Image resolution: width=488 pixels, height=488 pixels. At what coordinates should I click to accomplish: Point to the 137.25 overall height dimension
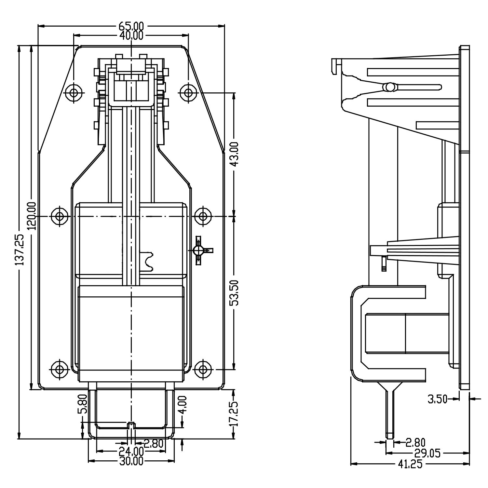(x=20, y=249)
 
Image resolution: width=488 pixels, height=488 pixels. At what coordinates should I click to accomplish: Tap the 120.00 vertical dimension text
(x=32, y=216)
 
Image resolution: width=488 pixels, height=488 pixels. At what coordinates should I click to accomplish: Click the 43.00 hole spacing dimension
(x=235, y=153)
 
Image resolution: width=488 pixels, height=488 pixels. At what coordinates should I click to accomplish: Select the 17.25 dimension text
(x=235, y=413)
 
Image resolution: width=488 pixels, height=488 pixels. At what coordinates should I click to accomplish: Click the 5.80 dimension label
(x=84, y=404)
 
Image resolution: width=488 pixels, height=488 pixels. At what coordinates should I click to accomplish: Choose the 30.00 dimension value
(x=131, y=461)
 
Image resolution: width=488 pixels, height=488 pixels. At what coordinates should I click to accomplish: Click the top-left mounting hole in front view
(x=74, y=93)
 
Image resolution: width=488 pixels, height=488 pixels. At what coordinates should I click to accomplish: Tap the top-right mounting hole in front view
(x=188, y=93)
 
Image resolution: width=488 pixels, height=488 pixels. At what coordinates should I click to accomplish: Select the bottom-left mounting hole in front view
(x=60, y=369)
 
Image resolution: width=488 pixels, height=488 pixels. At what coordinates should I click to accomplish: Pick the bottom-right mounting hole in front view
(x=203, y=369)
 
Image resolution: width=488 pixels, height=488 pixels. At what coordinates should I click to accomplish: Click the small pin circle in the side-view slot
(x=389, y=87)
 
